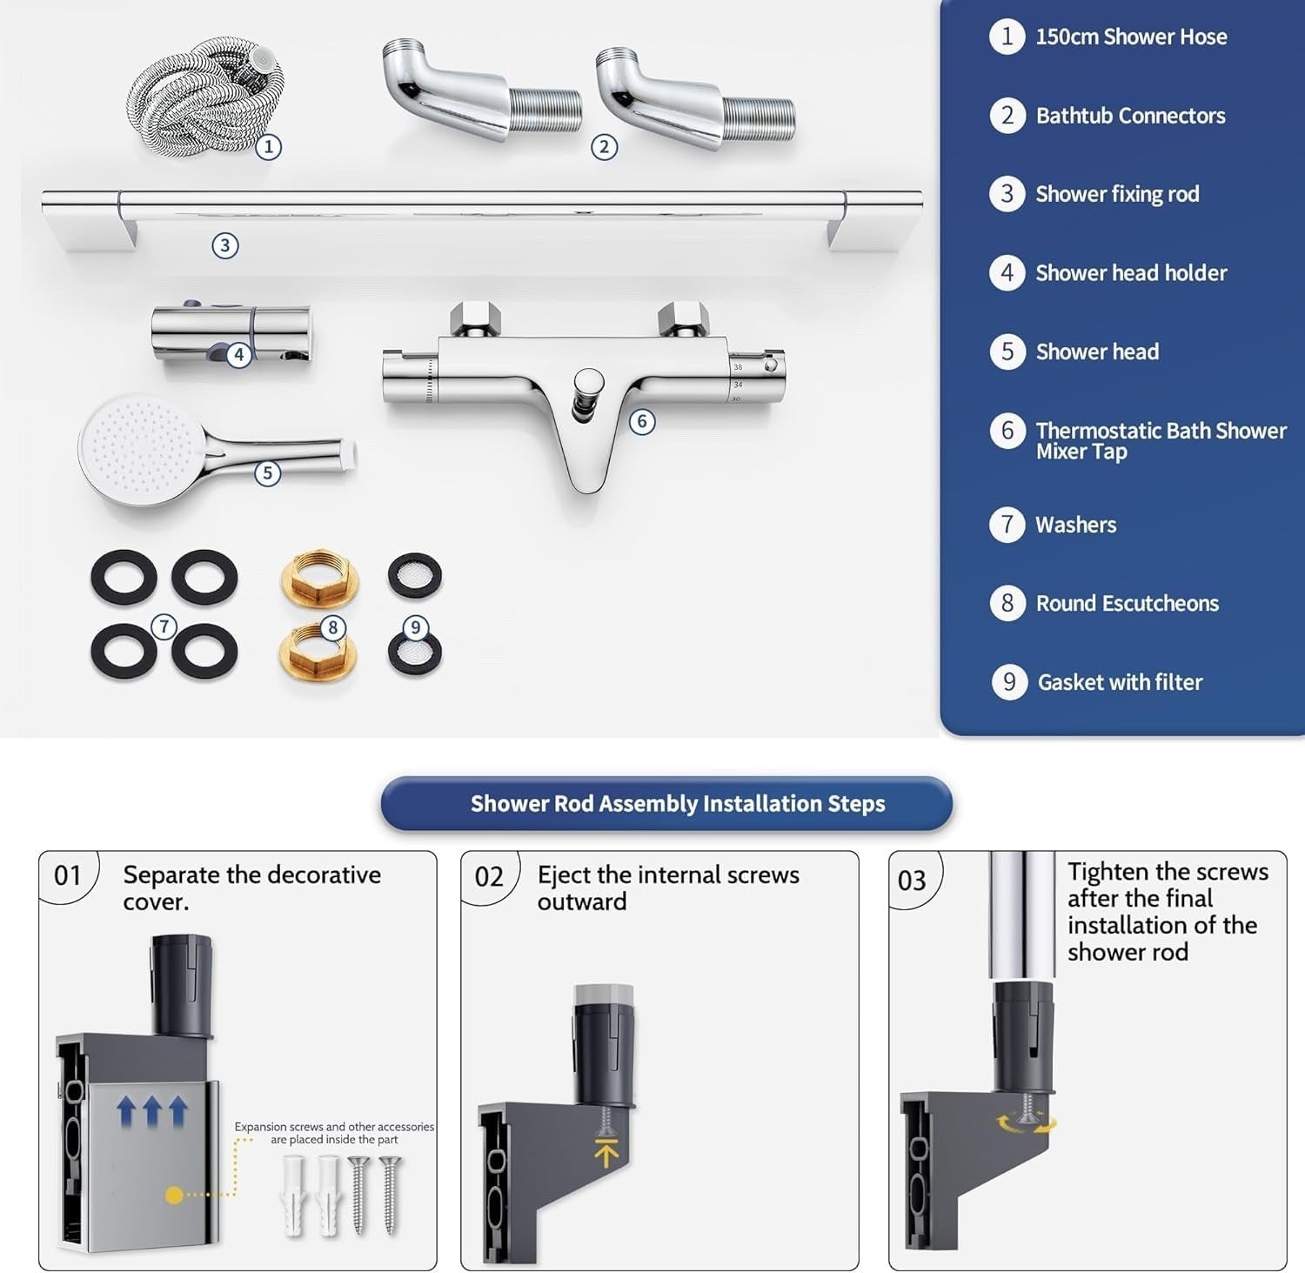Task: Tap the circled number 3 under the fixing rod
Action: pyautogui.click(x=225, y=245)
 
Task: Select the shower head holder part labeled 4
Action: pyautogui.click(x=231, y=333)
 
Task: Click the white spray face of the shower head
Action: pyautogui.click(x=139, y=446)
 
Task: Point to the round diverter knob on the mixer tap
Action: pyautogui.click(x=588, y=384)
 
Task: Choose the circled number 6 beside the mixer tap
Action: pyautogui.click(x=642, y=422)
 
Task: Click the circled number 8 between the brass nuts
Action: pyautogui.click(x=332, y=627)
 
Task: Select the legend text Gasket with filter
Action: pyautogui.click(x=1120, y=682)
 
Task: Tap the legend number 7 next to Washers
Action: pyautogui.click(x=1007, y=525)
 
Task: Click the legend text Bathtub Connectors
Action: pyautogui.click(x=1130, y=116)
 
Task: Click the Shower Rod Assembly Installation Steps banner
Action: pyautogui.click(x=666, y=803)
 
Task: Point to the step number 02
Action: pyautogui.click(x=489, y=876)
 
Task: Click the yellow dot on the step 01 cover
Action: pyautogui.click(x=174, y=1196)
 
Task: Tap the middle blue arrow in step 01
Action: pyautogui.click(x=152, y=1110)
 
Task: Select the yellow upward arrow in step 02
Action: pyautogui.click(x=606, y=1152)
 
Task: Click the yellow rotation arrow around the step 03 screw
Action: pyautogui.click(x=1027, y=1124)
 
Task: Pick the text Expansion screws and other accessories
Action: pyautogui.click(x=334, y=1127)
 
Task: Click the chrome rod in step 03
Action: pyautogui.click(x=1022, y=914)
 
